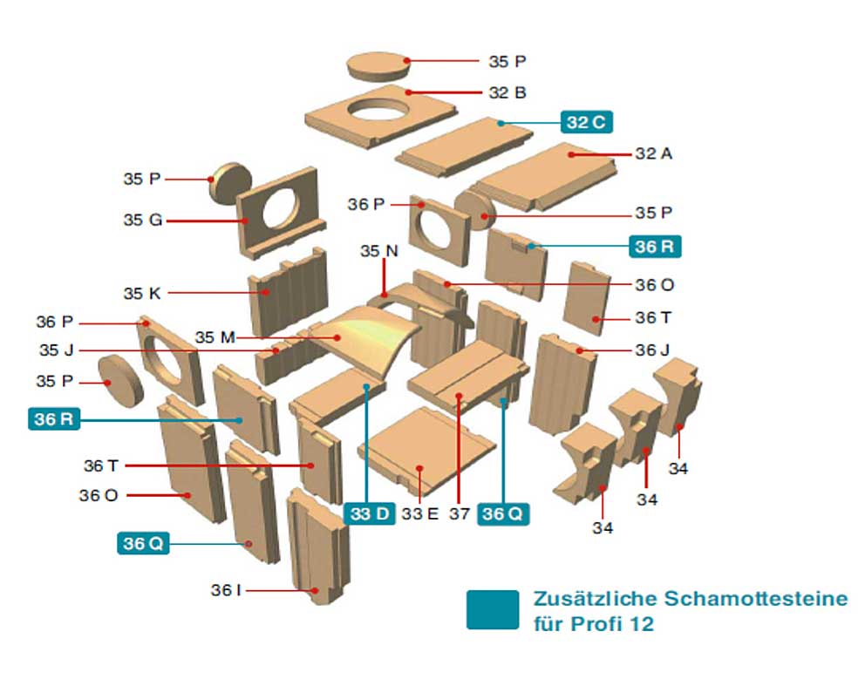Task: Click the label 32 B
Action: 507,92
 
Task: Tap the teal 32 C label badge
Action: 587,122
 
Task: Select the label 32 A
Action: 654,153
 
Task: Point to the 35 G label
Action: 143,220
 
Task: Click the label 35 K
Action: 142,294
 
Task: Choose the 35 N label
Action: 379,251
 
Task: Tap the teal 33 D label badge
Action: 369,513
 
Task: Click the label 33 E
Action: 419,514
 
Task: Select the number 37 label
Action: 459,514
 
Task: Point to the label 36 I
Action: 226,591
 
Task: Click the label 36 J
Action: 652,350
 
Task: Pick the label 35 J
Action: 57,350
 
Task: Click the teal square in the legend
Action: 493,610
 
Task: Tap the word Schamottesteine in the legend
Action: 755,599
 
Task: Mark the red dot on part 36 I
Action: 315,591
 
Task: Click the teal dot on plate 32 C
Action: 501,124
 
